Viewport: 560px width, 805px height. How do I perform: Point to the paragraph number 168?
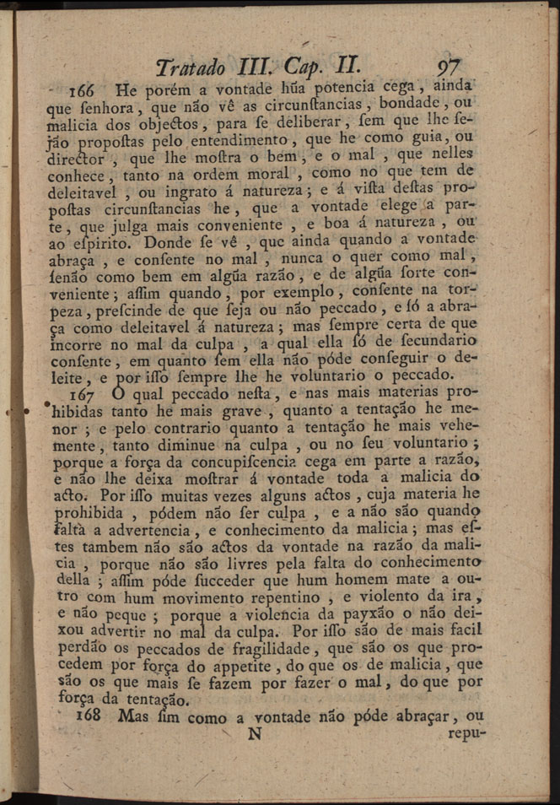91,716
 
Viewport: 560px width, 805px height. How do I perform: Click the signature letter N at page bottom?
253,734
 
